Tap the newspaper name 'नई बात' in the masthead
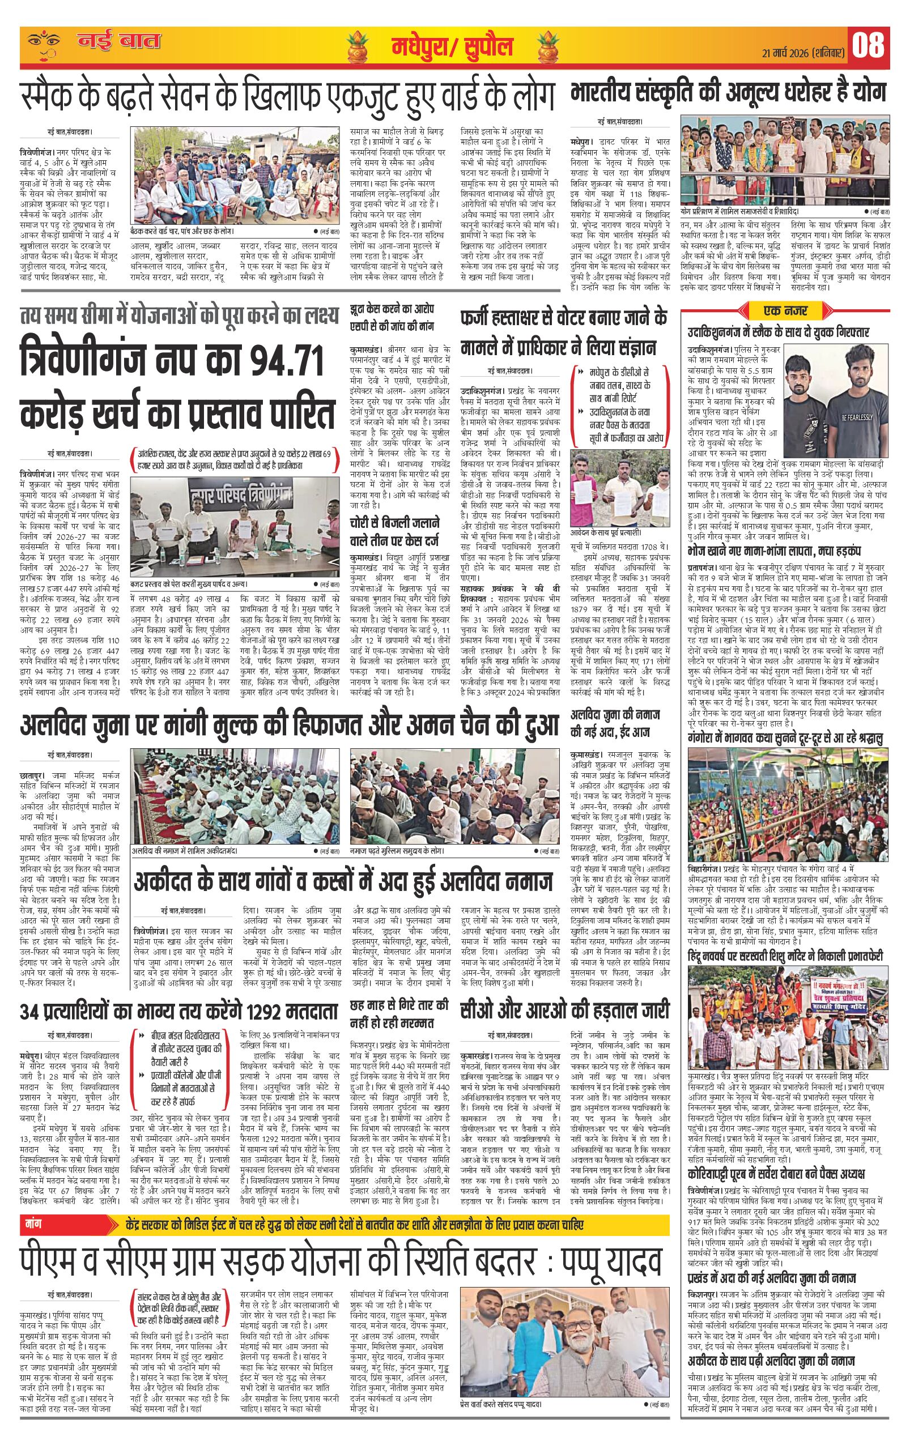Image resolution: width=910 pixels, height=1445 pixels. (x=120, y=42)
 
